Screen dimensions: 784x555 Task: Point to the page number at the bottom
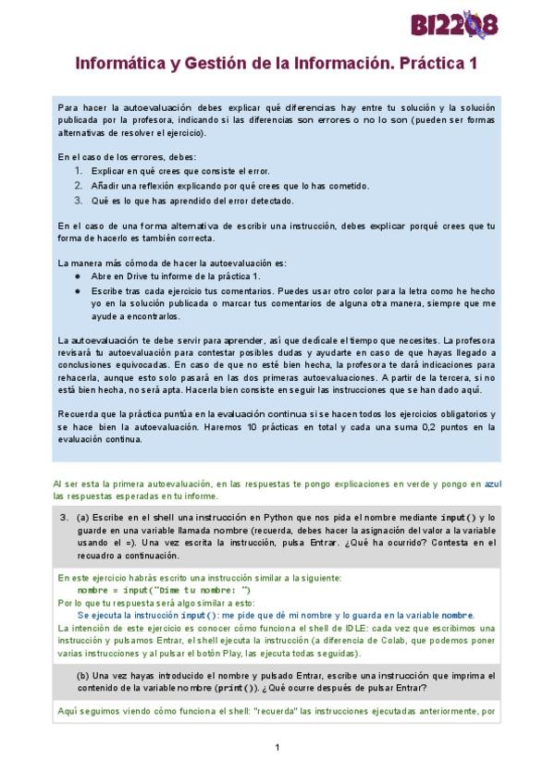277,747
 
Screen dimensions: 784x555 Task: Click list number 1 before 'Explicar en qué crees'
78,171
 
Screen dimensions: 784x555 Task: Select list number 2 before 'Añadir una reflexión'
78,186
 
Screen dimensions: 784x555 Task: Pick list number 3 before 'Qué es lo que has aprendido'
78,201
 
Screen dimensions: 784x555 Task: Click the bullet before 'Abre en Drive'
78,276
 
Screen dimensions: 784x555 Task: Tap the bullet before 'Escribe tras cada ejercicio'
78,290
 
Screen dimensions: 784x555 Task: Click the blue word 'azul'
494,483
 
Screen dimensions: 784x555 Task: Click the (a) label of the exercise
82,518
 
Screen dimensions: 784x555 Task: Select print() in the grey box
228,688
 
